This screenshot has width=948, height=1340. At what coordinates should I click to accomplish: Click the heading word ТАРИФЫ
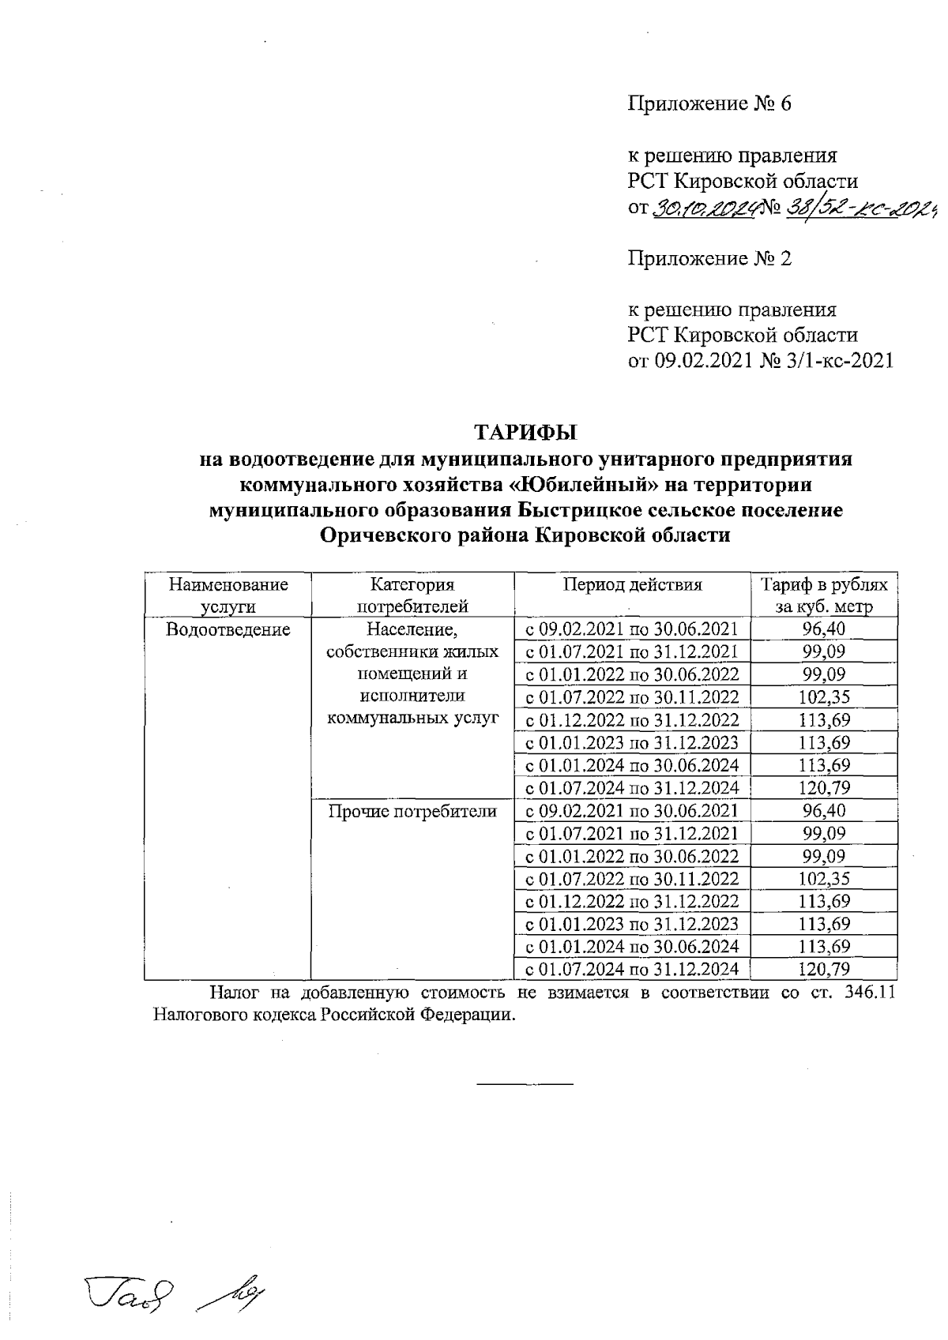[x=525, y=433]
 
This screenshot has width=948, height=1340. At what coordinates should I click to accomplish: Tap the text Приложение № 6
[x=709, y=104]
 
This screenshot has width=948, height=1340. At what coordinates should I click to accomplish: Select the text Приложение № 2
[x=709, y=258]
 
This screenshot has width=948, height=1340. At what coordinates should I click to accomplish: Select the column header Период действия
[x=632, y=585]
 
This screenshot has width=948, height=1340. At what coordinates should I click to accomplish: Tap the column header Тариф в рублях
[x=823, y=585]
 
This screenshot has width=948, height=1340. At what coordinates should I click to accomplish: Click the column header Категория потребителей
[x=412, y=595]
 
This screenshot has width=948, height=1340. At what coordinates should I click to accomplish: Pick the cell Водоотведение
[x=228, y=629]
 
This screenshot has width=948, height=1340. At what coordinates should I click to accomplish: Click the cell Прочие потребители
[x=412, y=811]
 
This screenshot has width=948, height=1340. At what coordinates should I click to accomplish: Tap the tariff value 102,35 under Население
[x=823, y=697]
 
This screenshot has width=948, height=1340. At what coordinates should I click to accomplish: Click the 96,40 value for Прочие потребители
[x=823, y=811]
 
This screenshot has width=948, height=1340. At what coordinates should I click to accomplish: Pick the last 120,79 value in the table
[x=823, y=969]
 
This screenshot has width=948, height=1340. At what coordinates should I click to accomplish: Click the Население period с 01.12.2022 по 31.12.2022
[x=632, y=720]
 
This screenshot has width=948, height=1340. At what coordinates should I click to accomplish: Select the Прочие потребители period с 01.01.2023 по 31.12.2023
[x=632, y=924]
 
